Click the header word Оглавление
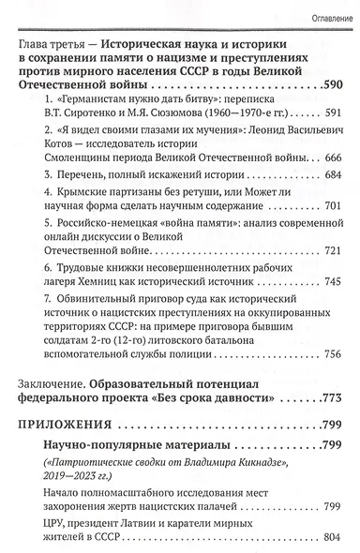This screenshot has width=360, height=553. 322,19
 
